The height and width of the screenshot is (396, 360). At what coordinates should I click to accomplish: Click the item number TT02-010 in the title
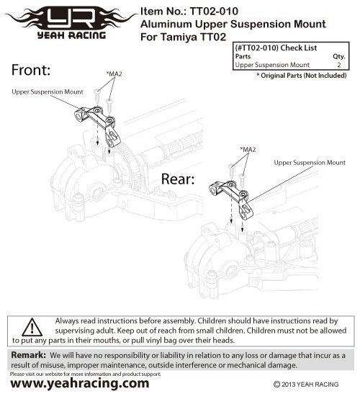pos(214,11)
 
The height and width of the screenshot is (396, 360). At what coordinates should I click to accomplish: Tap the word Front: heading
pos(31,70)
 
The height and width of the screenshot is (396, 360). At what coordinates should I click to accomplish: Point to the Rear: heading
pos(178,179)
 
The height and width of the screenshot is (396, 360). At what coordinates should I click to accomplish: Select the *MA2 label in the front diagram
pos(114,74)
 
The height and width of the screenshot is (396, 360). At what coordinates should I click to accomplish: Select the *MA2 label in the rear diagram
pos(248,150)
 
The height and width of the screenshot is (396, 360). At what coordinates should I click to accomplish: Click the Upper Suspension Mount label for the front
pos(48,91)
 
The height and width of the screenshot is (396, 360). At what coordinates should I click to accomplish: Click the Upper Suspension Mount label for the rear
pos(310,163)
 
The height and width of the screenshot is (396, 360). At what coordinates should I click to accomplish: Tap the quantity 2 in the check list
pos(339,65)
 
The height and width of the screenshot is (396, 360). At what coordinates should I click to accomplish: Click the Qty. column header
pos(339,56)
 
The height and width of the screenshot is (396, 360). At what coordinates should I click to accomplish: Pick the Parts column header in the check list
pos(243,56)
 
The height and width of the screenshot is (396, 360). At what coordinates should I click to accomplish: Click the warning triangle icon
pos(32,327)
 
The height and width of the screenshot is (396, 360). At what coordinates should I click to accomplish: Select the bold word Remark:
pos(29,355)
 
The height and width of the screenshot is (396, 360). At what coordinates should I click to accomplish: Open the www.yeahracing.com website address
pos(80,383)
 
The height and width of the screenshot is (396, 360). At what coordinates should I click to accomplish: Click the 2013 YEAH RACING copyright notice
pos(306,384)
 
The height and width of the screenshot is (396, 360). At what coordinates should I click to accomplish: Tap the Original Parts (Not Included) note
pos(302,76)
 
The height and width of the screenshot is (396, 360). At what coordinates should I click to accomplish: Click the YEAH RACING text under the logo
pos(71,35)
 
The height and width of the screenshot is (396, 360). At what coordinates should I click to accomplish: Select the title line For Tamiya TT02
pos(183,37)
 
